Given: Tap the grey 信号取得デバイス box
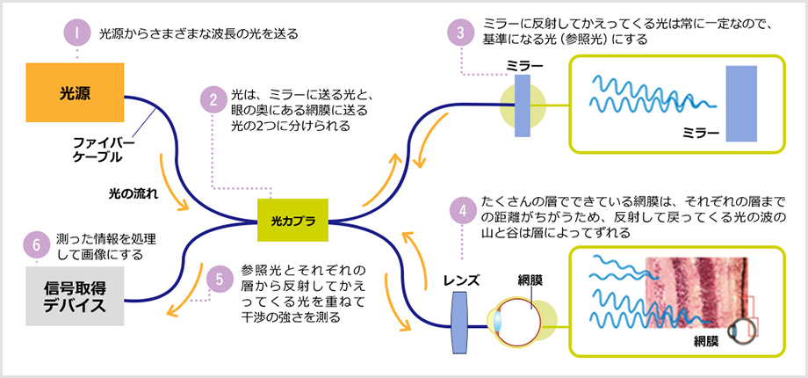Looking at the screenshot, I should pos(76,295).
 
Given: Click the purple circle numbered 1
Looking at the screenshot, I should pos(77,33).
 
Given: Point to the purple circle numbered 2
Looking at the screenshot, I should pos(211,98).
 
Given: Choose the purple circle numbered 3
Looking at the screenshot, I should pos(460,34).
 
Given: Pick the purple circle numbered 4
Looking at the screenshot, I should pos(460,210).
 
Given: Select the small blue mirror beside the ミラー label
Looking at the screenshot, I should pos(523,105).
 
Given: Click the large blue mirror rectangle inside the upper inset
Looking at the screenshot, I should pos(741,103).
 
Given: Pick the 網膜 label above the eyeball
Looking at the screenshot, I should pos(530,280).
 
